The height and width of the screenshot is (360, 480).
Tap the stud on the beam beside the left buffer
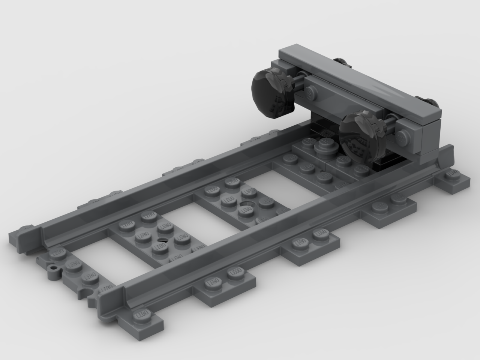tap(310, 91)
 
